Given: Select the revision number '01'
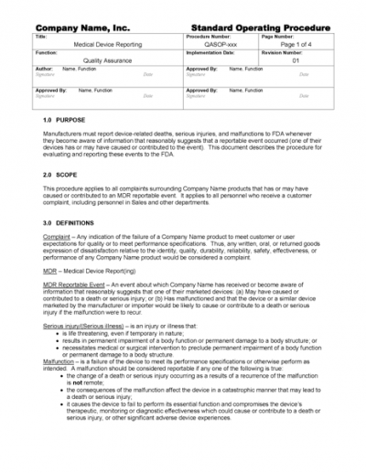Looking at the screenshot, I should point(296,60).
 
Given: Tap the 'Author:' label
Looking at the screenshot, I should point(43,69).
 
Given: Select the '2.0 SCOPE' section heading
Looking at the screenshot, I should point(59,173).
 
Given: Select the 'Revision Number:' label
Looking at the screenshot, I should point(285,52).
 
